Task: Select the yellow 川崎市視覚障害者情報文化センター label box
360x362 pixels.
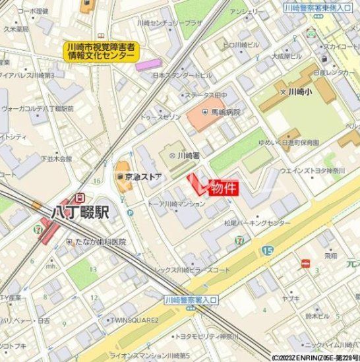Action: coord(101,52)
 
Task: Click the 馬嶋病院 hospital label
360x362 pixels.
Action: coord(225,112)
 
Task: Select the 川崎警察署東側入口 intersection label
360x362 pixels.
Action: coord(318,8)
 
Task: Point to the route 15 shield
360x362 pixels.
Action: coord(267,251)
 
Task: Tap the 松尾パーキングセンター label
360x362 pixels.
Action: coord(256,223)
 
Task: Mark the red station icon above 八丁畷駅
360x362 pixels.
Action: coord(80,196)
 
